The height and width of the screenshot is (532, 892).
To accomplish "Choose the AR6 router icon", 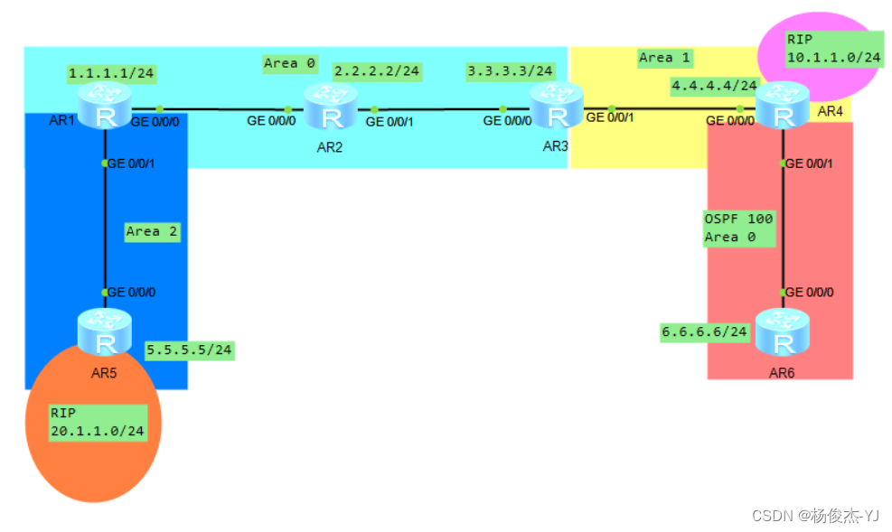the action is coord(783,331).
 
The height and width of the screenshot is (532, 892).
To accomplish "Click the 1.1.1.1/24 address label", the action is coord(110,72).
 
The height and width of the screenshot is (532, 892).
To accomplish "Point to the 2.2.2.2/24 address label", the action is coord(377,71).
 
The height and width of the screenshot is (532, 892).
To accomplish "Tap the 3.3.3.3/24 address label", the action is coord(510,71).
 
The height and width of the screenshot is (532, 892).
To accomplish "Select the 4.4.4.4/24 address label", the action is coord(713,86).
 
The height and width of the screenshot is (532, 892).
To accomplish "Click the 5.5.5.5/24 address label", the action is coord(189,349).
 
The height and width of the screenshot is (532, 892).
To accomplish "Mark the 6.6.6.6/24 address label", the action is coord(704,331).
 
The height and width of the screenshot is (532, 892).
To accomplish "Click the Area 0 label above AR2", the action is coord(289,63).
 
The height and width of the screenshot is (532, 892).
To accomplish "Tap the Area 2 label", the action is coord(152,232).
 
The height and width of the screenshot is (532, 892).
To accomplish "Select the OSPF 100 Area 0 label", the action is coord(737,229).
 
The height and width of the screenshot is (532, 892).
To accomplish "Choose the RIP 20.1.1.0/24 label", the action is coord(98,422).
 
